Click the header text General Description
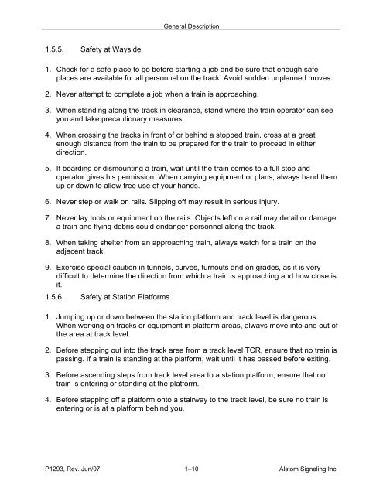pyautogui.click(x=191, y=27)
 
